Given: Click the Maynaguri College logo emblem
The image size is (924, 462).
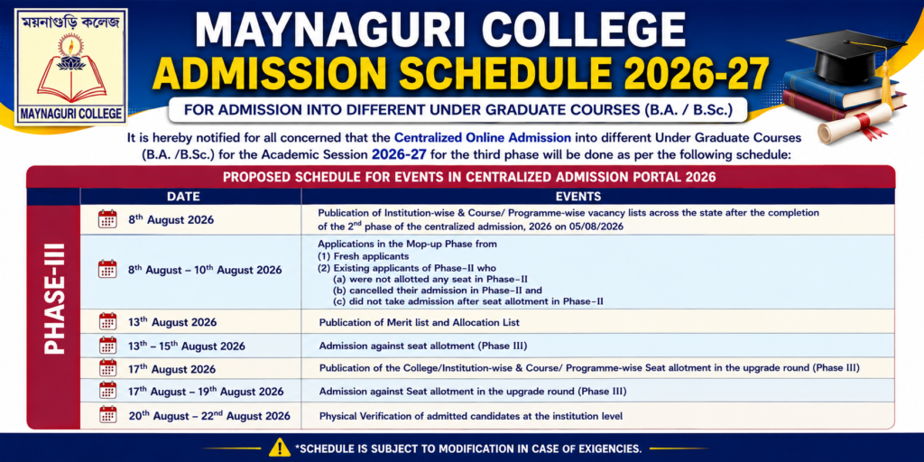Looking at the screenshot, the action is click(70, 67).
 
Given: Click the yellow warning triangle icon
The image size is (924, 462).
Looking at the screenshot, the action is click(279, 448).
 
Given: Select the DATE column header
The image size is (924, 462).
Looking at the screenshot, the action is click(183, 196).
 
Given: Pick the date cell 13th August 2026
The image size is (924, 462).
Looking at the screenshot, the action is click(172, 322).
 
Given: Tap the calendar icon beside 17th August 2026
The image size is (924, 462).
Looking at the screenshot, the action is click(108, 368).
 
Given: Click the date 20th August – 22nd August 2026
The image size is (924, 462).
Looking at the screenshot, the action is click(209, 415).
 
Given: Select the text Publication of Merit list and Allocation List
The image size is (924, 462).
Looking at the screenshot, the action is click(419, 323).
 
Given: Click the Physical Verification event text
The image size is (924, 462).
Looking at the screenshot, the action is click(470, 416).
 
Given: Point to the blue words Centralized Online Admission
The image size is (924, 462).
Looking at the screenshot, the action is click(482, 138).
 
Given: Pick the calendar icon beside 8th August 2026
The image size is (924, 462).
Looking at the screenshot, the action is click(108, 218).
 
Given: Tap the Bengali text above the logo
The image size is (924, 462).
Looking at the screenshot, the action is click(70, 23).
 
